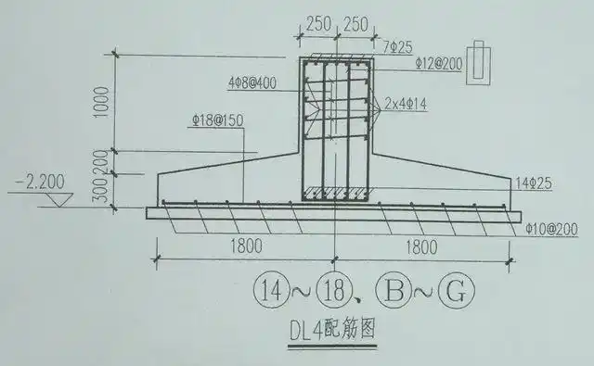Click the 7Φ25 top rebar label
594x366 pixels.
[396, 44]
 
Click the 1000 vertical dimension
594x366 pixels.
[107, 102]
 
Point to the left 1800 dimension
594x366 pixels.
[240, 246]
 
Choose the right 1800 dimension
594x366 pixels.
[420, 246]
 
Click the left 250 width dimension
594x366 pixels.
[315, 24]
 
